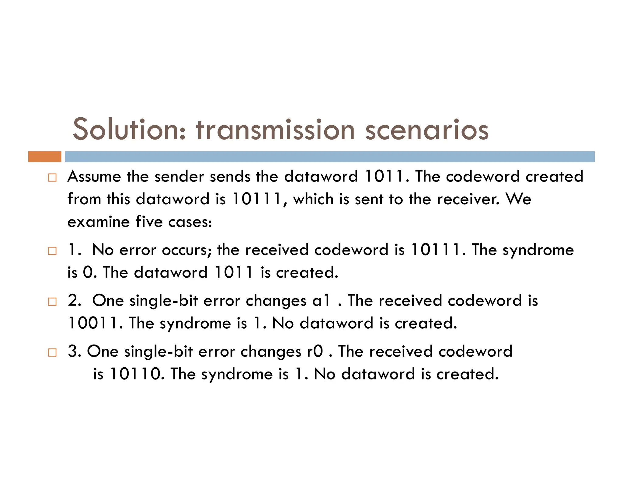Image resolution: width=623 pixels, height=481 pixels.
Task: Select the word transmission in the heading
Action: [275, 130]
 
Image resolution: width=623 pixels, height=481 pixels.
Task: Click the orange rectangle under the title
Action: [45, 157]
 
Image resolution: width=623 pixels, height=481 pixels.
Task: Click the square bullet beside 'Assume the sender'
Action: [52, 177]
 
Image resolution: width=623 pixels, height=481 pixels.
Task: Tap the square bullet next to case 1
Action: [52, 251]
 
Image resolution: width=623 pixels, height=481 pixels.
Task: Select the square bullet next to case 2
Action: [52, 302]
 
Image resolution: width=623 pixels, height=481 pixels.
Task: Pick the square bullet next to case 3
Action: [52, 352]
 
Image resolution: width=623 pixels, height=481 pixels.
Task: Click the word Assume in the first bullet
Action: [94, 177]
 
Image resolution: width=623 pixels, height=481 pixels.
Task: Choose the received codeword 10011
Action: [93, 323]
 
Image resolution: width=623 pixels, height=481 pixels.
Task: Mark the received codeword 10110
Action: [135, 374]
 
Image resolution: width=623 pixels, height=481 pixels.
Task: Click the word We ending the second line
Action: [518, 199]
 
